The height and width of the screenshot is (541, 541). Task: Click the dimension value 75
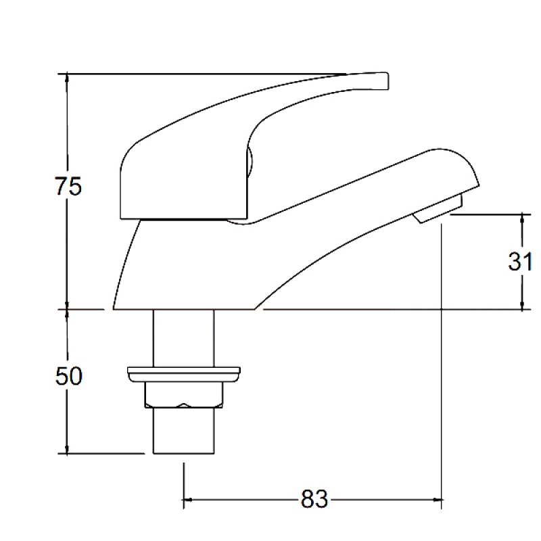[x=68, y=185]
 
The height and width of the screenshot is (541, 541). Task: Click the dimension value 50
[x=68, y=375]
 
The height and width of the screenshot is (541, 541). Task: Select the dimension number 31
[x=520, y=261]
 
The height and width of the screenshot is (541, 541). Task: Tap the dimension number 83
[x=314, y=500]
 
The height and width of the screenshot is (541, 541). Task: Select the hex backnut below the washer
[x=183, y=395]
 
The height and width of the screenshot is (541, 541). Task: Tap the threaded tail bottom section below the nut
[x=183, y=431]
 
